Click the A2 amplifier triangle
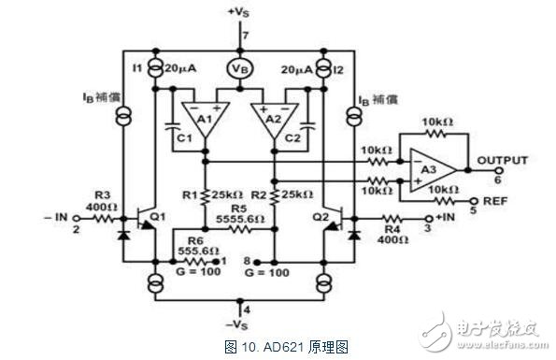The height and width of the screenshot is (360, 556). pos(270,120)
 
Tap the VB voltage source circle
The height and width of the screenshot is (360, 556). pos(239,71)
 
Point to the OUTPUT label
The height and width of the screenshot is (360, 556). pos(503,161)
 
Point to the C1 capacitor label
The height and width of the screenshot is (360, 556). pos(183,139)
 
